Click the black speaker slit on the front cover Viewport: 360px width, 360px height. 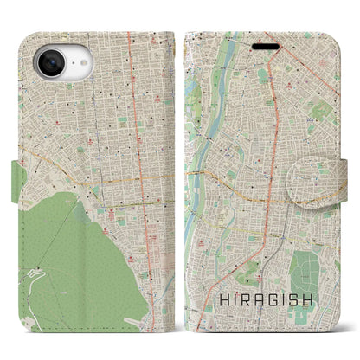[266, 45]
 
